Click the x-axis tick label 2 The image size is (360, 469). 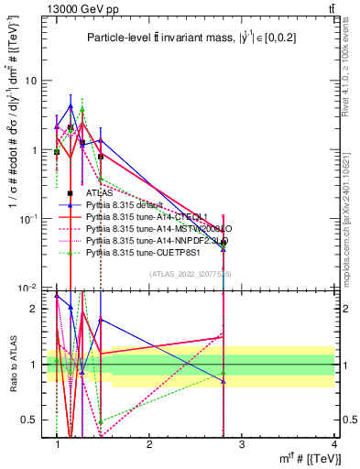pos(149,443)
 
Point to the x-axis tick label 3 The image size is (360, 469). pos(241,443)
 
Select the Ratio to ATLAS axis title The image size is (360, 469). pos(12,362)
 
